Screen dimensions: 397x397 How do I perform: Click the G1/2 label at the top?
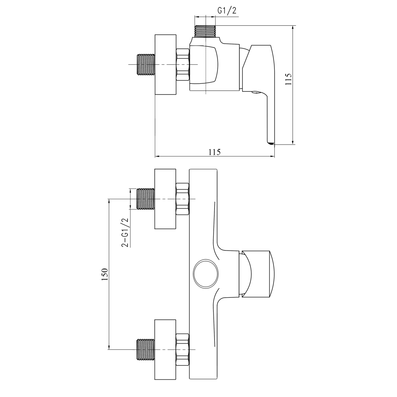coord(227,11)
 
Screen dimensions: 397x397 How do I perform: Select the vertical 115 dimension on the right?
coord(289,79)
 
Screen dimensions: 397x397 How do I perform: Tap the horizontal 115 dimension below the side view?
coord(214,152)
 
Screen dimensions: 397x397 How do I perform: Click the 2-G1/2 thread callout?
coord(125,233)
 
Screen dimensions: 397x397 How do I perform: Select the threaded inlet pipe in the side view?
coord(145,65)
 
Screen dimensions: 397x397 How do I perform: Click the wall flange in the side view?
coord(165,65)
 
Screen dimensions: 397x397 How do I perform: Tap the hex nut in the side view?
coord(183,65)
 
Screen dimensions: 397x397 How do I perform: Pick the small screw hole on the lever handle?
coord(255,94)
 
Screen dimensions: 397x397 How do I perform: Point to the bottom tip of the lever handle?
coord(270,143)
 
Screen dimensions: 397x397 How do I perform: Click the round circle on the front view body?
coord(205,274)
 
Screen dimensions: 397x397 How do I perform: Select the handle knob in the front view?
coord(258,274)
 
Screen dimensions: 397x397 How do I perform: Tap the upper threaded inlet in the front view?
coord(145,198)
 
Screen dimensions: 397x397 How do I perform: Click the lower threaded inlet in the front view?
coord(145,349)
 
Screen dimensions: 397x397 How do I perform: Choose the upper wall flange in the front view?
coord(165,198)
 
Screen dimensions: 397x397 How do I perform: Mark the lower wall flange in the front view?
coord(165,349)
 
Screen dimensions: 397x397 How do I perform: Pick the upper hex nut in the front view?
coord(183,198)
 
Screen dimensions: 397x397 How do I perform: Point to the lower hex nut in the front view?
coord(183,349)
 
